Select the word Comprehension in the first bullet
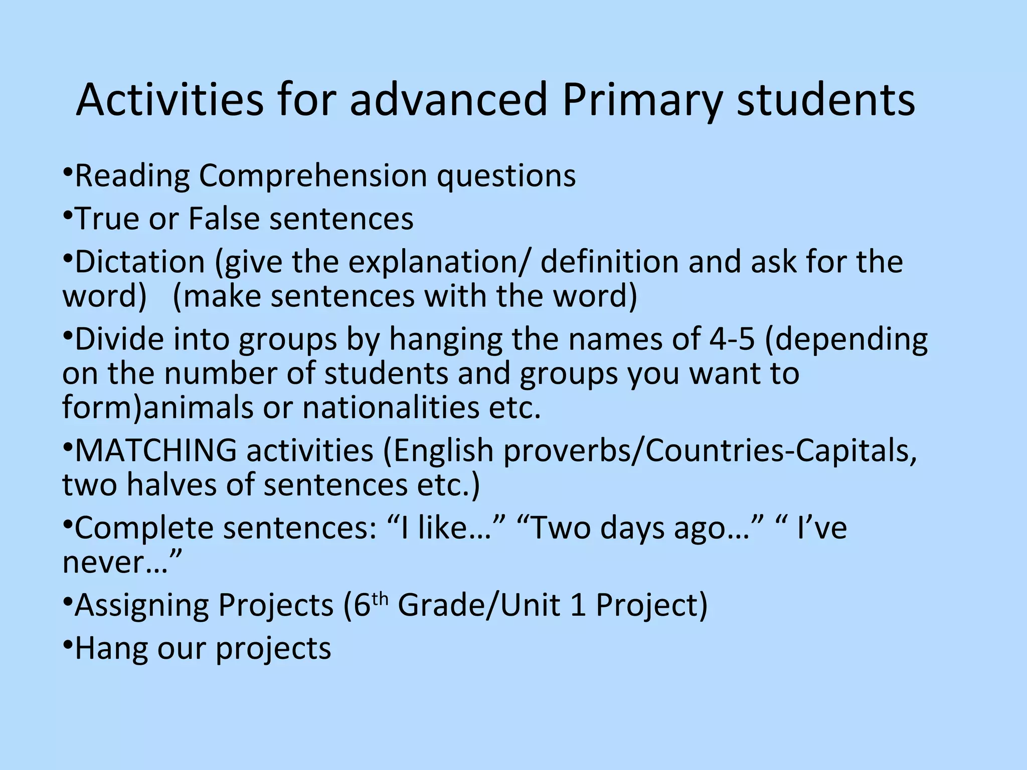coord(312,176)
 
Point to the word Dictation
coord(140,262)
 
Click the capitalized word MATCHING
coord(155,451)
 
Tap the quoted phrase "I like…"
coord(446,528)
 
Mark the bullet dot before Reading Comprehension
coord(68,173)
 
